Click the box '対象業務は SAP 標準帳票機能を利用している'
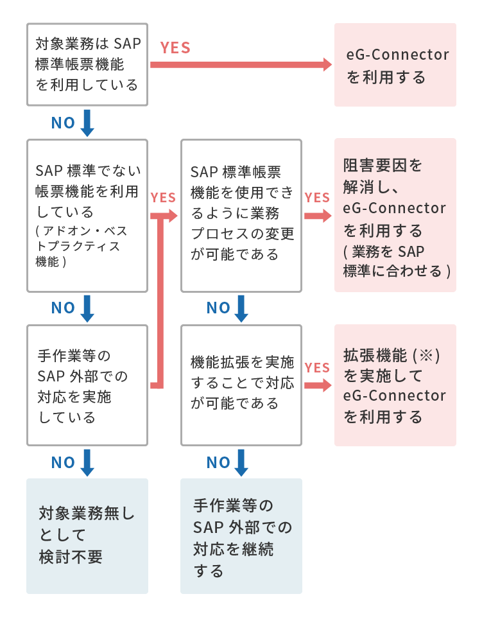click(87, 64)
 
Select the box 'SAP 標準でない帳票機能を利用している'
click(87, 216)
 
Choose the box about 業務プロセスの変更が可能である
click(241, 216)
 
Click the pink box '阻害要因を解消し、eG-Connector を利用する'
click(395, 216)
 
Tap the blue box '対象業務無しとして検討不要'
click(87, 536)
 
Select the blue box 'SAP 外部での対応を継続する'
click(241, 536)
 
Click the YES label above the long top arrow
click(175, 48)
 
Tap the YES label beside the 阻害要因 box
click(317, 198)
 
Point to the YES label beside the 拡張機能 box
click(317, 368)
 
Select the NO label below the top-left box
click(64, 123)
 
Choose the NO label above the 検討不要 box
click(64, 462)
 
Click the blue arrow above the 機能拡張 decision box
click(241, 308)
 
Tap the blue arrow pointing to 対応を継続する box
click(241, 462)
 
